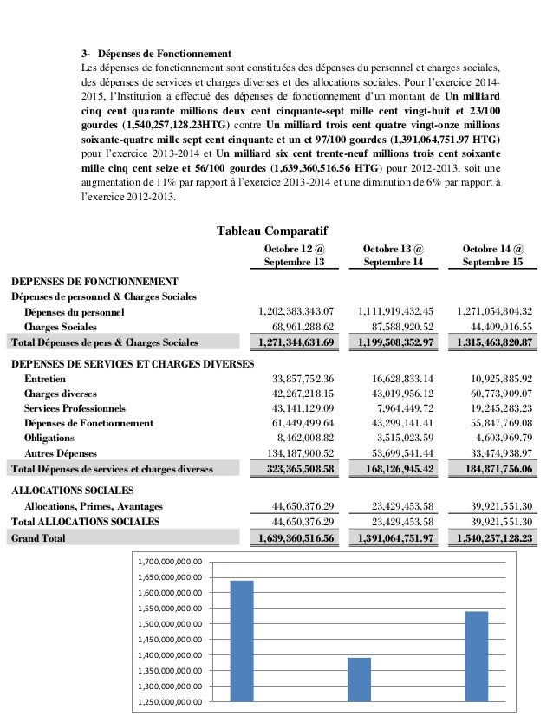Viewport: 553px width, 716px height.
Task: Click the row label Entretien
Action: click(43, 379)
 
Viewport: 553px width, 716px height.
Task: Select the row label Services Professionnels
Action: click(75, 408)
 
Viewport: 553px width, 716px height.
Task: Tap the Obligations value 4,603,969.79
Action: click(498, 438)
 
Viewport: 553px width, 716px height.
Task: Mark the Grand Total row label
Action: click(38, 538)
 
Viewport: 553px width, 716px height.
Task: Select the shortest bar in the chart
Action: click(359, 680)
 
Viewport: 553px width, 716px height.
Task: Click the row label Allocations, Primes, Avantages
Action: click(93, 506)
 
